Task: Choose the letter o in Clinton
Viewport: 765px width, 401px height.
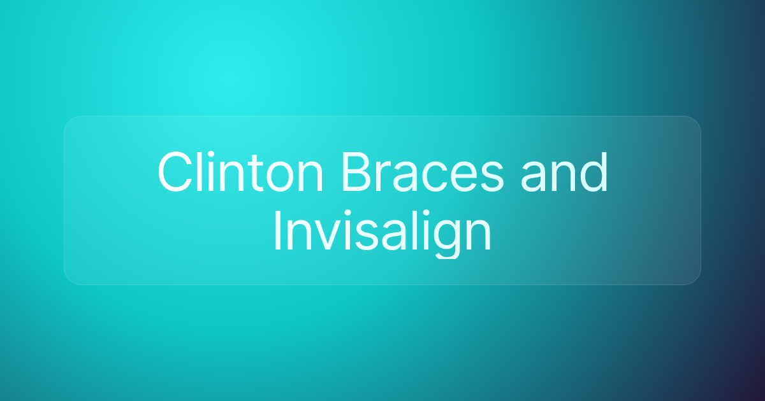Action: click(x=280, y=178)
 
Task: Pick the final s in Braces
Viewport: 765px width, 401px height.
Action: click(x=490, y=178)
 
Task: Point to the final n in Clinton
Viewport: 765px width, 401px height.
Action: click(x=311, y=177)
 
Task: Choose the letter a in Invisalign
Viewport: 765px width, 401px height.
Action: click(x=395, y=236)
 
